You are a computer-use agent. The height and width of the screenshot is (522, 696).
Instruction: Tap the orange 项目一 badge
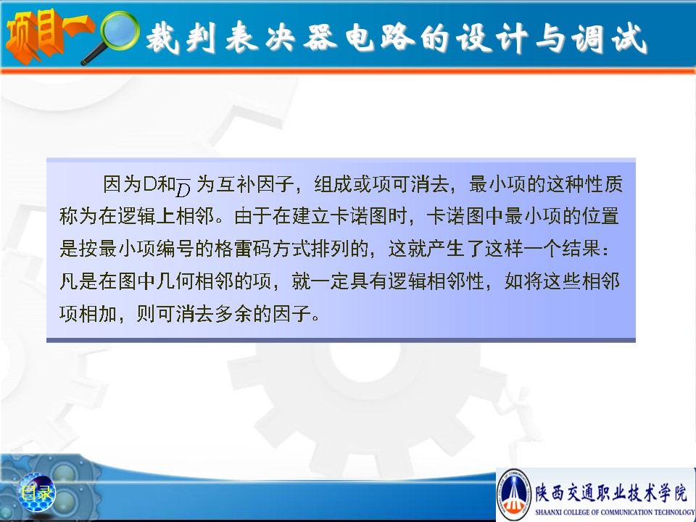pyautogui.click(x=48, y=36)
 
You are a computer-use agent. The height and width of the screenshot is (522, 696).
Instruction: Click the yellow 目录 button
pyautogui.click(x=36, y=493)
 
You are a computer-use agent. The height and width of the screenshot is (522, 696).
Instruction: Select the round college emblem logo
pyautogui.click(x=515, y=494)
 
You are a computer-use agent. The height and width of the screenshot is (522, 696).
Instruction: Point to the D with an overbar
pyautogui.click(x=183, y=187)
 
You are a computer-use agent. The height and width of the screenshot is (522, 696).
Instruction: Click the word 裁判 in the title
pyautogui.click(x=181, y=38)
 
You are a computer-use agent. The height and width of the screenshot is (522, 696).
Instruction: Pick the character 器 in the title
pyautogui.click(x=320, y=37)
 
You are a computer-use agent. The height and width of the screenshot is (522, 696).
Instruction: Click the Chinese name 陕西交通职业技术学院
pyautogui.click(x=610, y=493)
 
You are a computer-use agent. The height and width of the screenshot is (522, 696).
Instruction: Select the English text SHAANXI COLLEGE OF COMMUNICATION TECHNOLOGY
pyautogui.click(x=615, y=512)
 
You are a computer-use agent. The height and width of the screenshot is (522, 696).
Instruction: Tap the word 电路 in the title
pyautogui.click(x=380, y=38)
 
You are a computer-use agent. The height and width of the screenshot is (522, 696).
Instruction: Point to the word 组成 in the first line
pyautogui.click(x=333, y=183)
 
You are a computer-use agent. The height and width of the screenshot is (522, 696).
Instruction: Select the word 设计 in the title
pyautogui.click(x=493, y=38)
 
